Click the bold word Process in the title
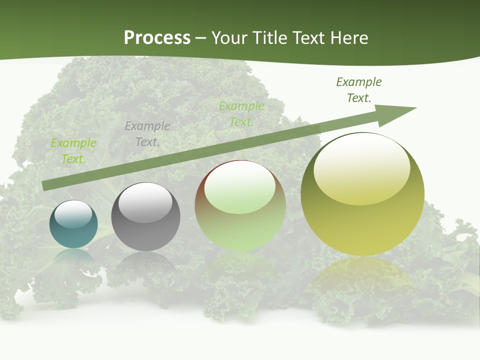click(x=157, y=37)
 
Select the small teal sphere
click(x=73, y=224)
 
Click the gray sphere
click(x=145, y=216)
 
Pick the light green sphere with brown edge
click(x=240, y=205)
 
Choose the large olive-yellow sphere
click(x=362, y=194)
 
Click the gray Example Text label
click(x=147, y=134)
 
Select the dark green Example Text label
click(x=358, y=90)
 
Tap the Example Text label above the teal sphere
click(x=73, y=150)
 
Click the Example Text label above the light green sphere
click(x=241, y=113)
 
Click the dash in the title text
click(x=201, y=38)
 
